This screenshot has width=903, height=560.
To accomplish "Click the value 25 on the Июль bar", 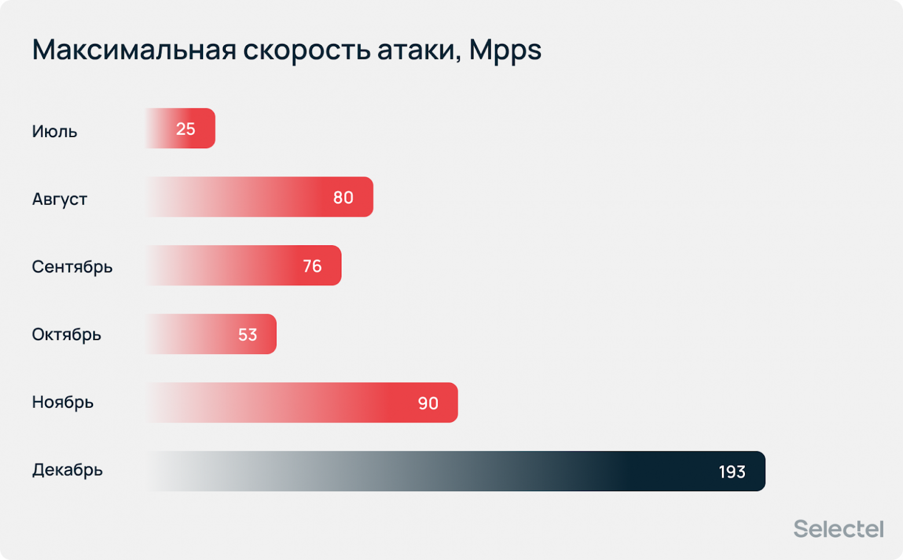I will pyautogui.click(x=186, y=129).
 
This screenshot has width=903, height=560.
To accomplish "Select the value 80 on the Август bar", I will pyautogui.click(x=343, y=198).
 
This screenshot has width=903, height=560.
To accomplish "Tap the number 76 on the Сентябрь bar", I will pyautogui.click(x=312, y=266).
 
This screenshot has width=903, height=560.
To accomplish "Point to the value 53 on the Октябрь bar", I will pyautogui.click(x=247, y=335).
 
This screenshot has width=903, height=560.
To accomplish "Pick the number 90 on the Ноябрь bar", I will pyautogui.click(x=428, y=403).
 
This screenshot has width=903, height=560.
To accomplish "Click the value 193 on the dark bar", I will pyautogui.click(x=732, y=472).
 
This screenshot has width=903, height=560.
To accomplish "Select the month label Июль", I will pyautogui.click(x=54, y=131).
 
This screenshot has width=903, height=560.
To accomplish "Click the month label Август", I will pyautogui.click(x=60, y=199).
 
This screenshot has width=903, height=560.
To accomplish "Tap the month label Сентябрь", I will pyautogui.click(x=72, y=267).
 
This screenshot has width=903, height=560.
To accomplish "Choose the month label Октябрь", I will pyautogui.click(x=67, y=334).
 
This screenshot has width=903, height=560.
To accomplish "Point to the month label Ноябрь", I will pyautogui.click(x=63, y=402).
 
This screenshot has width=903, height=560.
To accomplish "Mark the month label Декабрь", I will pyautogui.click(x=67, y=470).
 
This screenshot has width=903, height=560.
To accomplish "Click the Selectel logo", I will pyautogui.click(x=838, y=529).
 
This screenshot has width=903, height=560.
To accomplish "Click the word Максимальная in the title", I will pyautogui.click(x=134, y=50).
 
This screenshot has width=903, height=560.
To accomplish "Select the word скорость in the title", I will pyautogui.click(x=307, y=50).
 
